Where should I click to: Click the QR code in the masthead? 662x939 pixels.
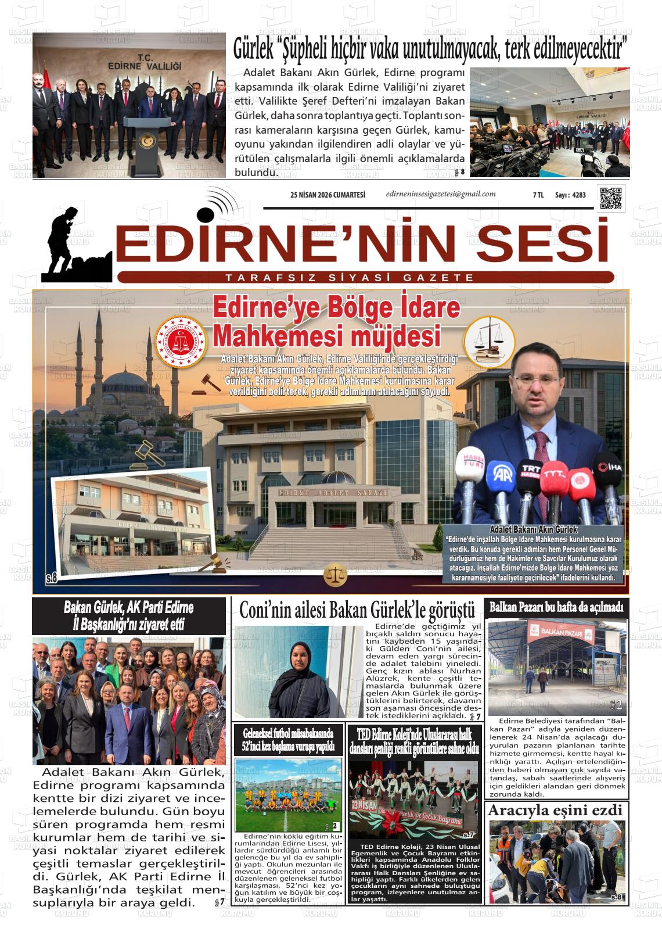[610, 198]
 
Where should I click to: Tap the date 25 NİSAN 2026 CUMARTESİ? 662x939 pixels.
[328, 195]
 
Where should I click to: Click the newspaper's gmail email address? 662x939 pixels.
[441, 194]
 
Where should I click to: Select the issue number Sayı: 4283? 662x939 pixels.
[570, 195]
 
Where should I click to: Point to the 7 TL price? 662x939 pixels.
[538, 195]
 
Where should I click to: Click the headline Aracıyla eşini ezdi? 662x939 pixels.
[555, 810]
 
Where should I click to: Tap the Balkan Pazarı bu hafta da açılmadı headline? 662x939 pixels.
[556, 608]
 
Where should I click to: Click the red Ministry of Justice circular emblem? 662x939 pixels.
[181, 342]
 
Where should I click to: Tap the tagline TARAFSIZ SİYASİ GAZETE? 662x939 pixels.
[350, 278]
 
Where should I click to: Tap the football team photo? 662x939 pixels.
[289, 794]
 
